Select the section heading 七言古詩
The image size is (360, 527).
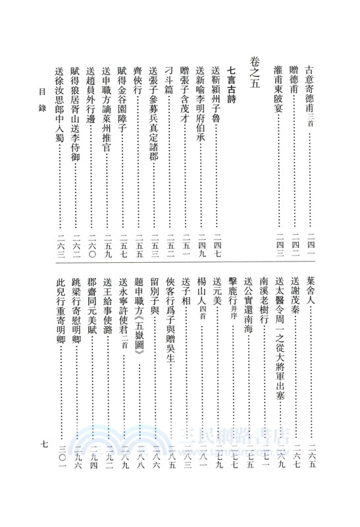point(231,85)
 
